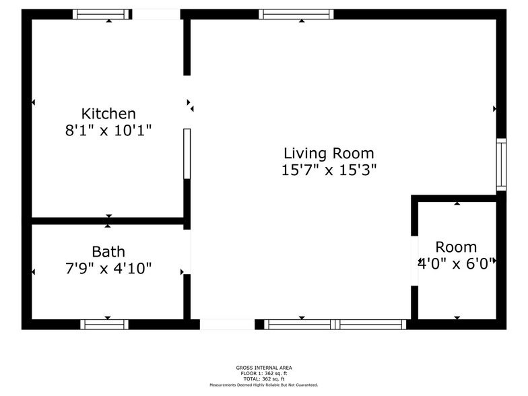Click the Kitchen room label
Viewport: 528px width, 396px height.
pyautogui.click(x=108, y=114)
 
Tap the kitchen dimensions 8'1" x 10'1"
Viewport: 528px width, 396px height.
pyautogui.click(x=108, y=131)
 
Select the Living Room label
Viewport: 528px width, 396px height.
pyautogui.click(x=329, y=154)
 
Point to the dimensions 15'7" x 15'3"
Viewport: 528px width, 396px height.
pyautogui.click(x=329, y=170)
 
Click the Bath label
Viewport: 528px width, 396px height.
pyautogui.click(x=108, y=252)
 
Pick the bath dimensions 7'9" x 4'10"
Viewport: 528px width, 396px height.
pyautogui.click(x=108, y=268)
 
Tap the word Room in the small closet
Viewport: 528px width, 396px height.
pyautogui.click(x=456, y=247)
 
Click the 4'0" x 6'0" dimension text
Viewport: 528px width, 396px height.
pyautogui.click(x=457, y=264)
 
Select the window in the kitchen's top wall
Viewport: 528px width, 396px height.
pyautogui.click(x=101, y=14)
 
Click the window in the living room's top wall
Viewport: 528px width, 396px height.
pyautogui.click(x=296, y=14)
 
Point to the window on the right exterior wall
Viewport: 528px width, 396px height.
pyautogui.click(x=501, y=164)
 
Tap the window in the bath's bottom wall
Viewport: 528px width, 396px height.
pyautogui.click(x=104, y=325)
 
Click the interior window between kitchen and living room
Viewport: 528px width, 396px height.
pyautogui.click(x=187, y=154)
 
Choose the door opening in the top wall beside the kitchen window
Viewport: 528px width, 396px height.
pyautogui.click(x=156, y=14)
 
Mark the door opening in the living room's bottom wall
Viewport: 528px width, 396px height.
pyautogui.click(x=228, y=325)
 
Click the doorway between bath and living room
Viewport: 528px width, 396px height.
pyautogui.click(x=187, y=252)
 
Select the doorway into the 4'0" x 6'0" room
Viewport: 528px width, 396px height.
pyautogui.click(x=415, y=261)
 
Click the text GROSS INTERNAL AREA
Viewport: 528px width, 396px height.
pyautogui.click(x=264, y=368)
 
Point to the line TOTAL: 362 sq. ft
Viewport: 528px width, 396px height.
pyautogui.click(x=264, y=378)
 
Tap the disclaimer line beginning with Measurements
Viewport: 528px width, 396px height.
pyautogui.click(x=264, y=385)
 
